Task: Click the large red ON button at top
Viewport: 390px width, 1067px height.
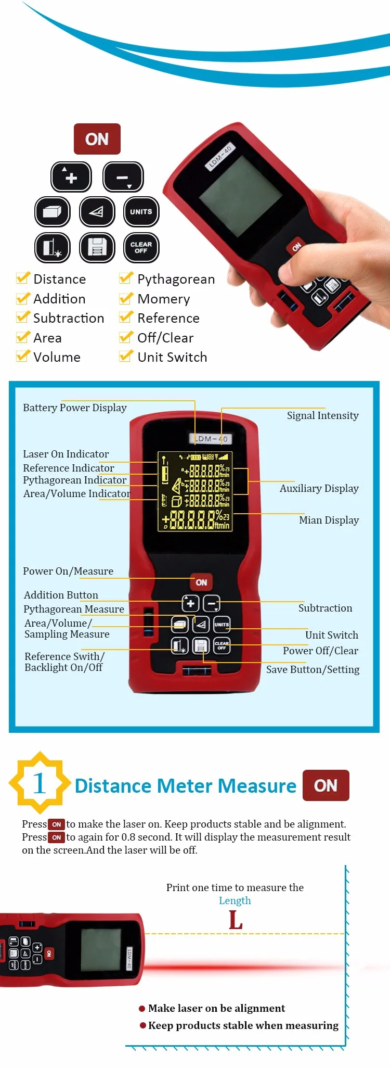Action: point(97,139)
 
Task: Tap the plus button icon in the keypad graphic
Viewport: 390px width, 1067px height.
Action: point(71,177)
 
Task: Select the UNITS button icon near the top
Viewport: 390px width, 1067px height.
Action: point(141,212)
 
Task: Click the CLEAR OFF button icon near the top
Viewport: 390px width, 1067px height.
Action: point(141,247)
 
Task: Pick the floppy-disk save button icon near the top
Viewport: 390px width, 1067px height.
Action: point(97,247)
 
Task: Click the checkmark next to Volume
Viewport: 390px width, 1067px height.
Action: point(23,357)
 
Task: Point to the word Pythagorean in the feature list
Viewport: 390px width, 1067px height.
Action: point(176,280)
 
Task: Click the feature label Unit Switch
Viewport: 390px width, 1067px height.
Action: point(172,357)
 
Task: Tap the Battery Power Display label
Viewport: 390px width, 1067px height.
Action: point(75,408)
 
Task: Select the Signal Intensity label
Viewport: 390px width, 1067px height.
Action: point(322,415)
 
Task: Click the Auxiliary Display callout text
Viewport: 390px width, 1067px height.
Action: point(319,488)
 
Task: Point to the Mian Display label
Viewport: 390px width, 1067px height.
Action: point(329,520)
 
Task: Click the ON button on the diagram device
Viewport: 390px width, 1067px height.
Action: point(201,582)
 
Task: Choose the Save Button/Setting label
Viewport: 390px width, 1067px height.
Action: point(313,669)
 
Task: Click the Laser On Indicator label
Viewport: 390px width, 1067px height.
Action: point(66,454)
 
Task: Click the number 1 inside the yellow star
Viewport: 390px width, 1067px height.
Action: point(40,783)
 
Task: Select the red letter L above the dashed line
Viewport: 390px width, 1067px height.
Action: point(236,920)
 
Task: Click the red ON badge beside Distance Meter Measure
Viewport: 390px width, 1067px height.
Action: point(326,785)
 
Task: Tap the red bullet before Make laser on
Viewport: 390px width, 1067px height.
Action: point(142,1009)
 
